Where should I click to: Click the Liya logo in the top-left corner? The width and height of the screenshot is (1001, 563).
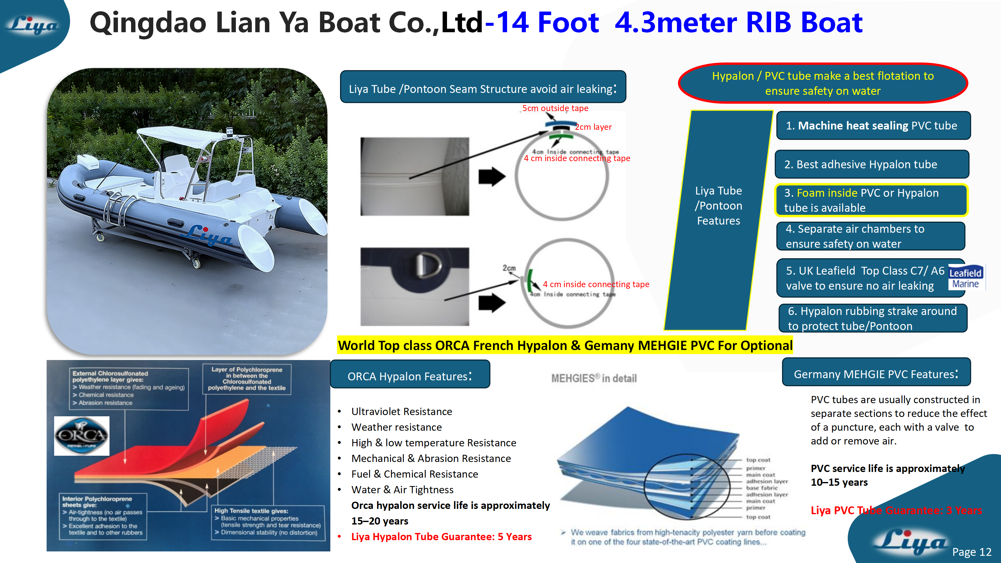(33, 26)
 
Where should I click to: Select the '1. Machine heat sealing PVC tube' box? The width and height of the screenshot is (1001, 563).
(873, 125)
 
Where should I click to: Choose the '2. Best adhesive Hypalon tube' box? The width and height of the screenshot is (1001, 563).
(871, 164)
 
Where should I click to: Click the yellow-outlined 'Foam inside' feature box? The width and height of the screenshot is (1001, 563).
(871, 200)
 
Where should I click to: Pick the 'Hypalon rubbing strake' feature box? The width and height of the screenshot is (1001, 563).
(872, 318)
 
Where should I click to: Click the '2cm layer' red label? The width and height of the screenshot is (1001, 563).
(593, 127)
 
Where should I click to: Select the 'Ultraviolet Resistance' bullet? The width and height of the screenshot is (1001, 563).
(401, 412)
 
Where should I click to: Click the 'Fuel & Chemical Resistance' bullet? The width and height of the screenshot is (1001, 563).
(414, 474)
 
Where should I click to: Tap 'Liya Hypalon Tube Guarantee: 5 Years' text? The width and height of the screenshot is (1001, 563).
(441, 537)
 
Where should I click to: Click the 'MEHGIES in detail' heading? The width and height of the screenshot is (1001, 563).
(594, 378)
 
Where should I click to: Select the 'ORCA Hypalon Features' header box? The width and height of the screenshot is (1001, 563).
(409, 375)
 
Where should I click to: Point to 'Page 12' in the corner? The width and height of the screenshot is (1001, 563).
(972, 552)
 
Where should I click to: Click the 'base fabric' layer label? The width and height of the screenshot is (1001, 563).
(762, 488)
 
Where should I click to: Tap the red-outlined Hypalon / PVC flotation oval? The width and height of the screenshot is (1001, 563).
(823, 83)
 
